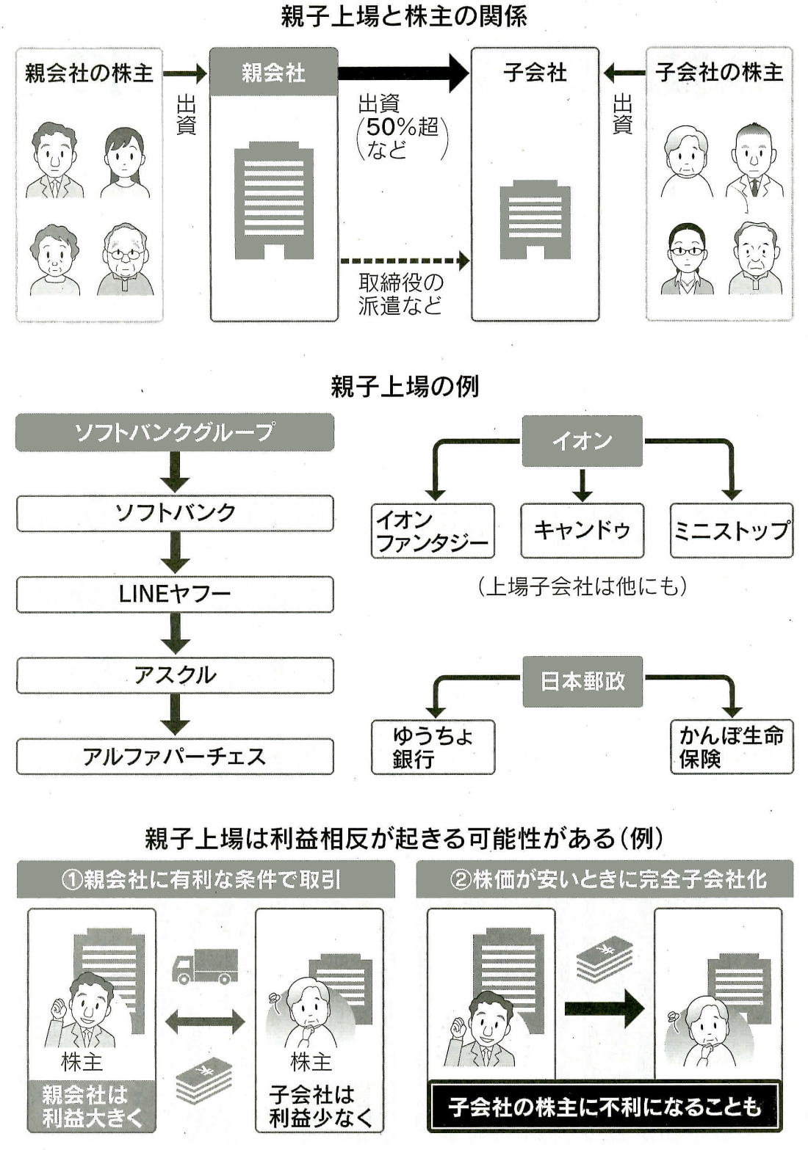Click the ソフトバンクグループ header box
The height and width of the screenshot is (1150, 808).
[175, 432]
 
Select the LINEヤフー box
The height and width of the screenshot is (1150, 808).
[175, 594]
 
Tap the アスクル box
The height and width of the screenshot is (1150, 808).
[175, 675]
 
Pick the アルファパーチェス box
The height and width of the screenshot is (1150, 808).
[175, 757]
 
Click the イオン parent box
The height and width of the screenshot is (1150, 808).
[582, 441]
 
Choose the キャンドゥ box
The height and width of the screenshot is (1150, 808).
[582, 530]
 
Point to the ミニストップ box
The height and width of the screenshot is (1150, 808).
[732, 530]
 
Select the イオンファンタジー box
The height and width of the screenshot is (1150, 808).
[432, 531]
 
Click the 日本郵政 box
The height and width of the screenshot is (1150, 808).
[582, 682]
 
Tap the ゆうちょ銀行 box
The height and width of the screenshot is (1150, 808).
[433, 747]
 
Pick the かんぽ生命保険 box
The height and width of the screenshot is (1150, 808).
[732, 747]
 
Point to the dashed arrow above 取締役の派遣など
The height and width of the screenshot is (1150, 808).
[404, 261]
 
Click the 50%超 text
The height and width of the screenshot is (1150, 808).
[403, 127]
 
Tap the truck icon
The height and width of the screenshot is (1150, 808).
[205, 966]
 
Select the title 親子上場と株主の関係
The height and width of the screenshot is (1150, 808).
[404, 16]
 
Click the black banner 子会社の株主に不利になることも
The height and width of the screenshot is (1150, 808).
[605, 1106]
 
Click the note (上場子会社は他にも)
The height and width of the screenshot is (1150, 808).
[582, 586]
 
